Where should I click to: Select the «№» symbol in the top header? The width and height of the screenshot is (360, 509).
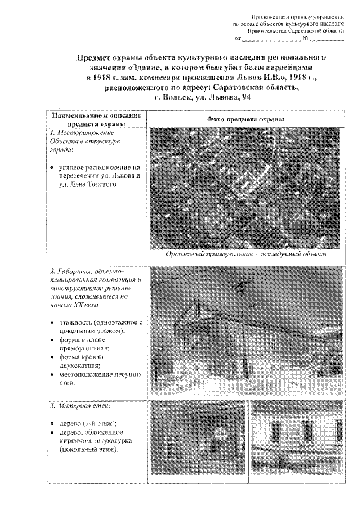click(304, 39)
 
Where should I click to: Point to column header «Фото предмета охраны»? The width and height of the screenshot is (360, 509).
click(245, 120)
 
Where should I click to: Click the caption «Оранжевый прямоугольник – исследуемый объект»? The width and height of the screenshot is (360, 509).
click(246, 254)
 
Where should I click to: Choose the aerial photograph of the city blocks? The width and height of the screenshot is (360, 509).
click(246, 188)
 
